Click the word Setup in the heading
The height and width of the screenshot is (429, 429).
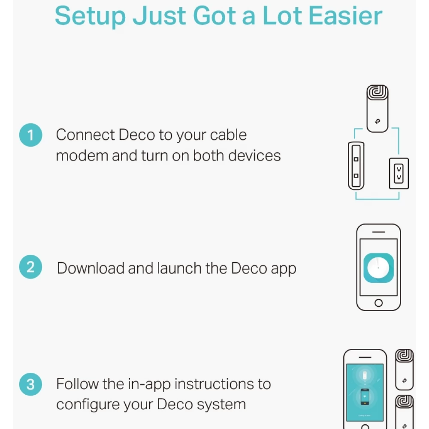[90, 16]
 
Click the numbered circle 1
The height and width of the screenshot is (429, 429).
[30, 135]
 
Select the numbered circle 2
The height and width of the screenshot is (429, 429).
[30, 267]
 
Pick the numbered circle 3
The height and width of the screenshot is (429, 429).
[30, 384]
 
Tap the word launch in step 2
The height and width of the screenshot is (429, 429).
[179, 268]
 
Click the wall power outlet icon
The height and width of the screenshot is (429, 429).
[399, 173]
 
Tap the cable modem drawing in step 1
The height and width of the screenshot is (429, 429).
[356, 166]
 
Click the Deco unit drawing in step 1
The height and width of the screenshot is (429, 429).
[377, 109]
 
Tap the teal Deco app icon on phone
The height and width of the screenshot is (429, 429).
[379, 268]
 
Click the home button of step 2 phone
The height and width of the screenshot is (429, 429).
[379, 303]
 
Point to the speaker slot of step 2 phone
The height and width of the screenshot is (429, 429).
[379, 232]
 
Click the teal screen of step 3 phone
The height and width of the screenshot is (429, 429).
[365, 393]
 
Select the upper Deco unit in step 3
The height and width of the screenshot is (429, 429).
[405, 369]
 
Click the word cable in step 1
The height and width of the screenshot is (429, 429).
[229, 135]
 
